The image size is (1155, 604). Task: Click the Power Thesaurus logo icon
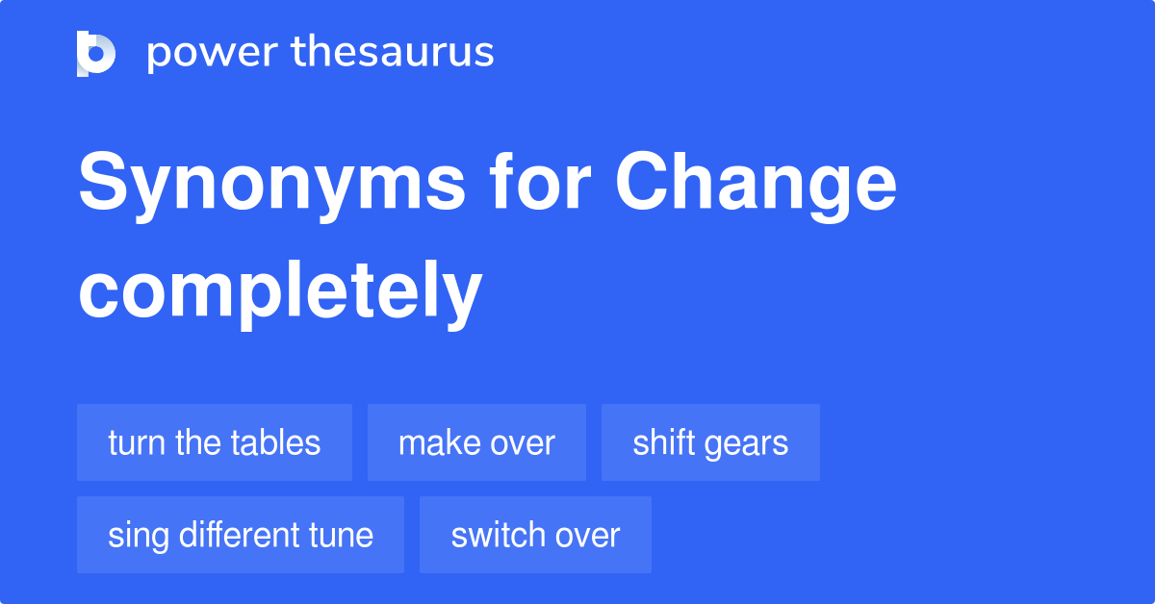pyautogui.click(x=96, y=54)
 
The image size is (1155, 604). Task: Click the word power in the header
pyautogui.click(x=213, y=53)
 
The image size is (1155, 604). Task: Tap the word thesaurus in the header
pyautogui.click(x=393, y=51)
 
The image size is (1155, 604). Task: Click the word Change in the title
pyautogui.click(x=756, y=186)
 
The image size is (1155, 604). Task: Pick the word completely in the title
pyautogui.click(x=280, y=293)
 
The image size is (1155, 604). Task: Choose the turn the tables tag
pyautogui.click(x=215, y=442)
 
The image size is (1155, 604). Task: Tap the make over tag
pyautogui.click(x=476, y=442)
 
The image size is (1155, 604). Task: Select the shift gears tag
pyautogui.click(x=710, y=442)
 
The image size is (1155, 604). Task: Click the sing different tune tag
pyautogui.click(x=241, y=535)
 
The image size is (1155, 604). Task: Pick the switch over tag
pyautogui.click(x=535, y=535)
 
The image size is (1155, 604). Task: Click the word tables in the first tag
pyautogui.click(x=275, y=442)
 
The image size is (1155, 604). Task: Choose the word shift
pyautogui.click(x=664, y=442)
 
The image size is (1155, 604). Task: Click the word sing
pyautogui.click(x=139, y=537)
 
